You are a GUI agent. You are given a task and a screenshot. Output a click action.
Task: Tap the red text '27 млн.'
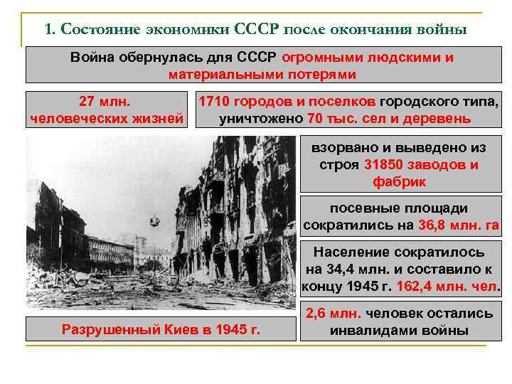[106, 102]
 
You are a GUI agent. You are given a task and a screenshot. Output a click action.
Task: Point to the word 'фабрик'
[400, 182]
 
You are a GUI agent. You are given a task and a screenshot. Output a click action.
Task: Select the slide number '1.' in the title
[50, 31]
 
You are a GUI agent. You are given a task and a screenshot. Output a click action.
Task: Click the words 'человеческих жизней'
[107, 118]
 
